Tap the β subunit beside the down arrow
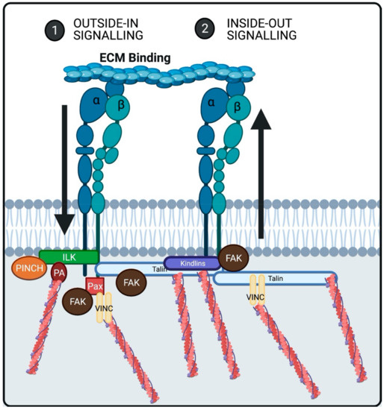116,111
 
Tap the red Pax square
95,286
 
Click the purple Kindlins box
191,263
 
